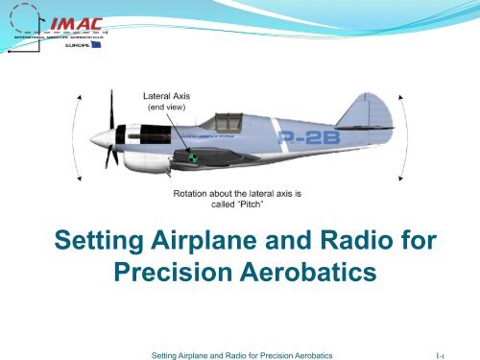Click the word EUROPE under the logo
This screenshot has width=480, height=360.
[x=64, y=46]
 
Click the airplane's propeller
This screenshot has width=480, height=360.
[x=112, y=132]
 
